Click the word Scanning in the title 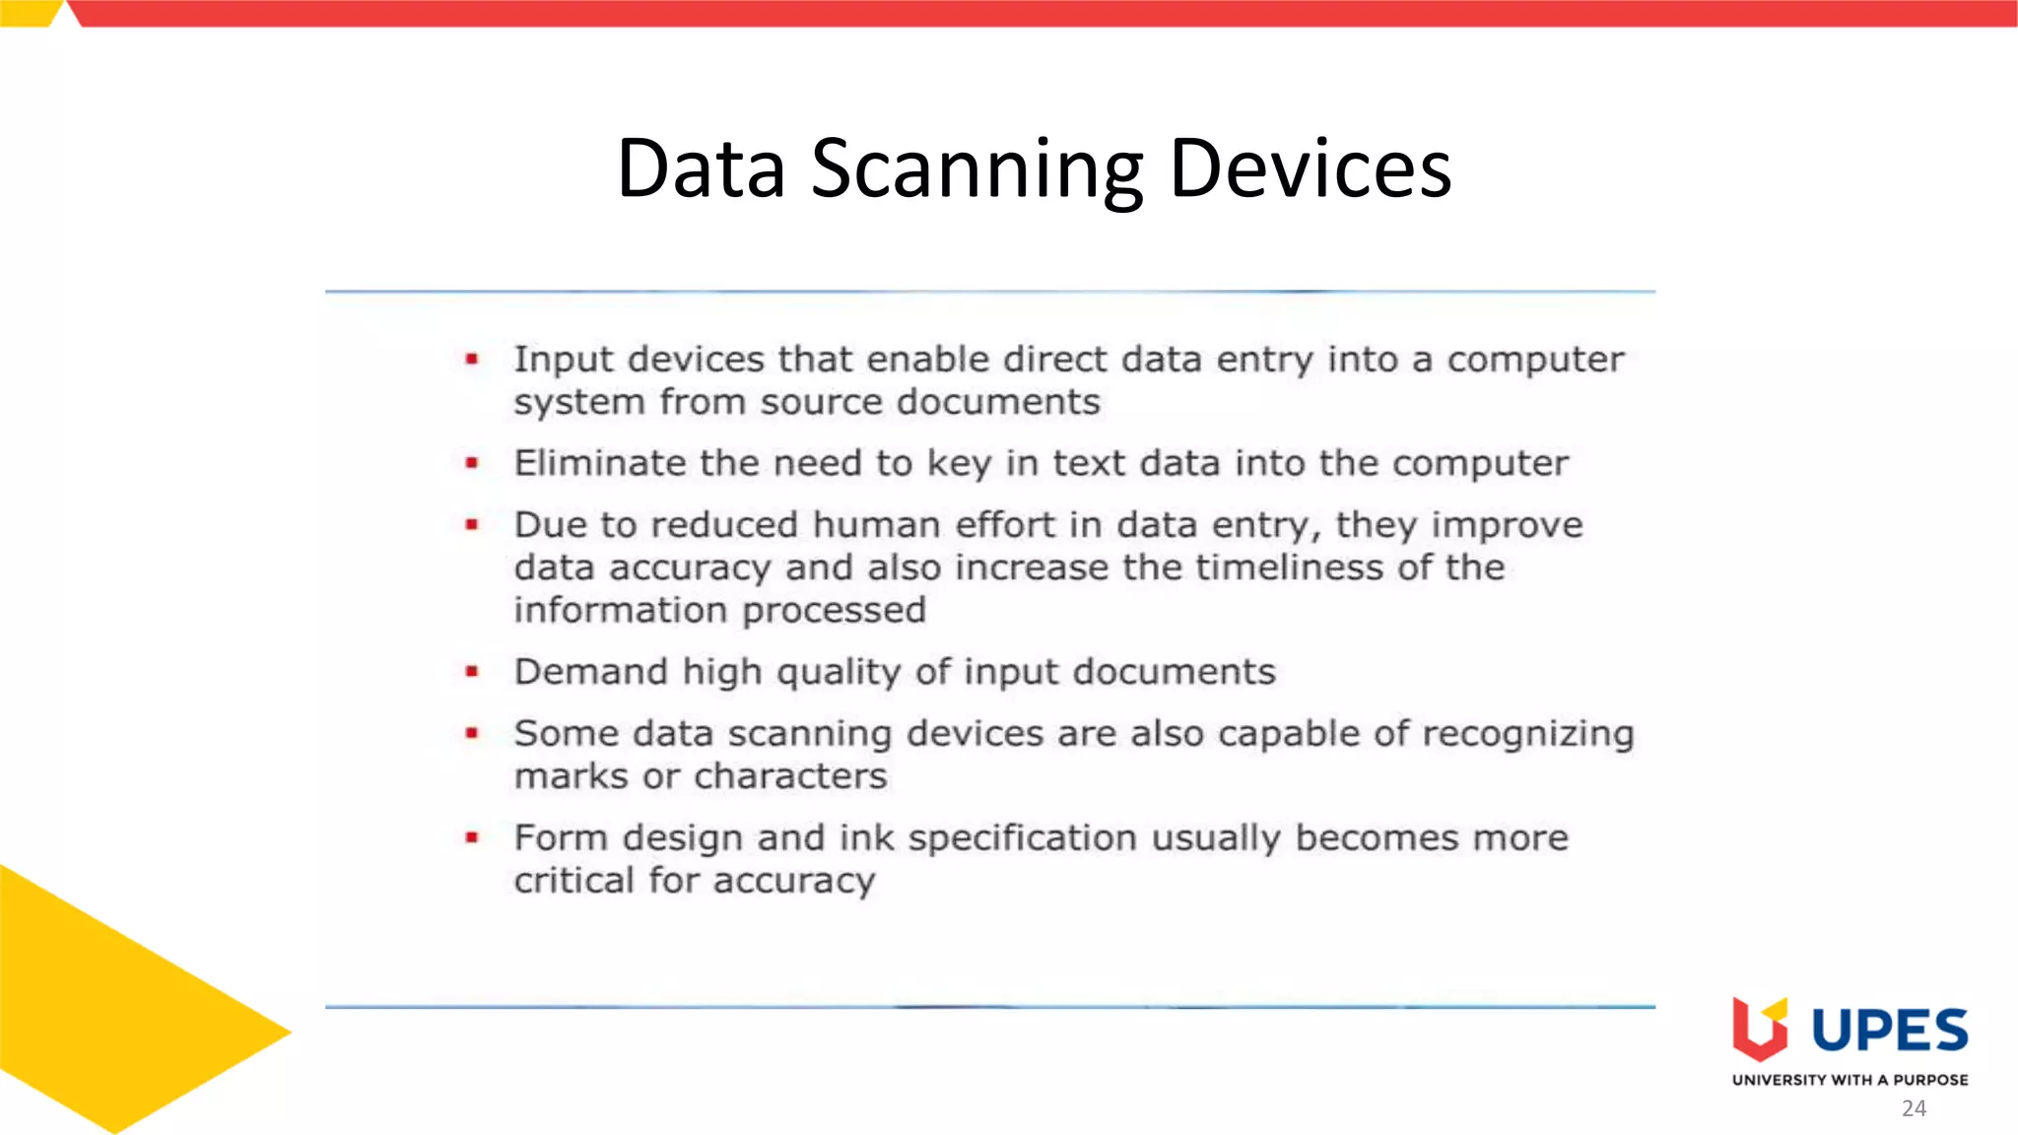(976, 169)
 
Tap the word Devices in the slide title (1310, 169)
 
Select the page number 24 (1914, 1108)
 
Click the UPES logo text (1889, 1032)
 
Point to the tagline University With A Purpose (1850, 1080)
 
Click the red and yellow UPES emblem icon (1759, 1035)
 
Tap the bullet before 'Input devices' (472, 360)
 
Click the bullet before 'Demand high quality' (472, 672)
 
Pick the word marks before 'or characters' (571, 777)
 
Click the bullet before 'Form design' (472, 838)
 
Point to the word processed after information (834, 611)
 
